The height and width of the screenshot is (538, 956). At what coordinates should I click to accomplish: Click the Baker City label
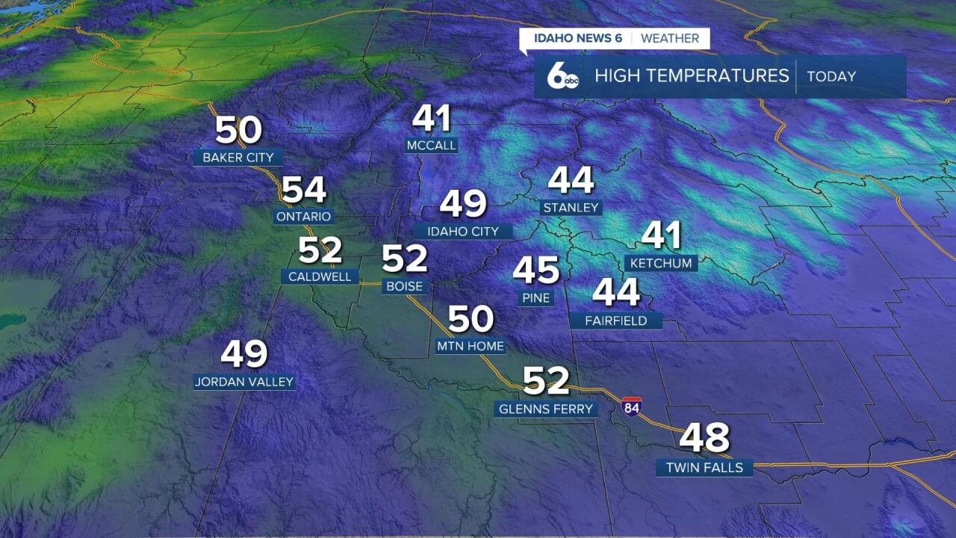click(238, 158)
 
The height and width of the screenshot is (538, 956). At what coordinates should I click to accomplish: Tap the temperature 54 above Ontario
click(304, 190)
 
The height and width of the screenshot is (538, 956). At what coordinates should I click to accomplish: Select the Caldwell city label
click(320, 276)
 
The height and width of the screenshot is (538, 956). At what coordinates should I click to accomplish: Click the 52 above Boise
click(404, 259)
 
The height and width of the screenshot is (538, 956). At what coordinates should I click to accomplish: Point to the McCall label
click(431, 145)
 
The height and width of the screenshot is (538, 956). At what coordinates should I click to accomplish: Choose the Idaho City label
click(463, 232)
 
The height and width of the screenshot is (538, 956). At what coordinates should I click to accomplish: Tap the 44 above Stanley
click(571, 180)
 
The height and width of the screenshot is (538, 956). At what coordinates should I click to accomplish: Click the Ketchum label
click(661, 263)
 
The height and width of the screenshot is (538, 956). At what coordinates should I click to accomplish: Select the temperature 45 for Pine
click(536, 270)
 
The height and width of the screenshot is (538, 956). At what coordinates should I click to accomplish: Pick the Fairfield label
click(615, 321)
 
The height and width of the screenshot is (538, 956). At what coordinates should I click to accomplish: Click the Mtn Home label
click(471, 346)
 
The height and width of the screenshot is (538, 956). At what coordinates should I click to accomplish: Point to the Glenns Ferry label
click(546, 409)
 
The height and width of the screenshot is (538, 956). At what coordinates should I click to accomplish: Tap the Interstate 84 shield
click(631, 406)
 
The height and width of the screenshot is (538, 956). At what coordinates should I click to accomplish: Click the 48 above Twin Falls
click(704, 439)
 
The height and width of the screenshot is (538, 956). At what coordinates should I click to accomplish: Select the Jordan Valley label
click(244, 382)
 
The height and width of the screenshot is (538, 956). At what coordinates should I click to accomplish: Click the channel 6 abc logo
click(562, 77)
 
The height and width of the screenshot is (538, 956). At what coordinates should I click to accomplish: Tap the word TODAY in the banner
click(831, 76)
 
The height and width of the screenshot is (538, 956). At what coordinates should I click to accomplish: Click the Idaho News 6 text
click(577, 38)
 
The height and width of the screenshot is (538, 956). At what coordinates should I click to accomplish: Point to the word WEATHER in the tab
click(670, 38)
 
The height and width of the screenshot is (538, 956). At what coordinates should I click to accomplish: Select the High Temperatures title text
click(692, 75)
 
